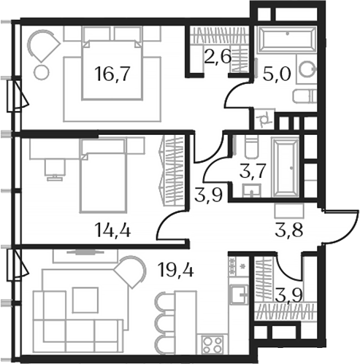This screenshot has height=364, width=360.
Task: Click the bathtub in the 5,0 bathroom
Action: point(285,41)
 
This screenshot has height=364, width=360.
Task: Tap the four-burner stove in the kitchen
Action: point(212,342)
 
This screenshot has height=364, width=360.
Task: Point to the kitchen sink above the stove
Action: point(238,295)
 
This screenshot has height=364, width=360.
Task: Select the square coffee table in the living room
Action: point(85,299)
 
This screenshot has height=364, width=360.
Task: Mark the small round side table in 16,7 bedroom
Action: point(41,72)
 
